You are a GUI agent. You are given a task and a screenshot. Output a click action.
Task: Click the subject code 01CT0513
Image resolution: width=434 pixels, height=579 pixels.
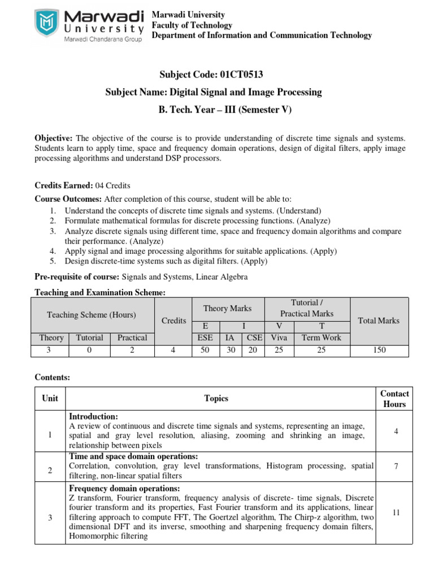(236, 74)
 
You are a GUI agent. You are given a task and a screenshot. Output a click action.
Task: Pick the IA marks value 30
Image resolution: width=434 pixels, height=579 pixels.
(231, 351)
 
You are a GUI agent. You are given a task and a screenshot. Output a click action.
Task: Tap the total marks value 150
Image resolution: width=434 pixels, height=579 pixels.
(379, 351)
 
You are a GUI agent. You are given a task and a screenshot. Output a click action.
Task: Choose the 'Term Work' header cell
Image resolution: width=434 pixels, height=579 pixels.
(322, 338)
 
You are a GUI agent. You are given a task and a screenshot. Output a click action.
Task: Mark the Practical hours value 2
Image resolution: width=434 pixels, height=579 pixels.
(132, 351)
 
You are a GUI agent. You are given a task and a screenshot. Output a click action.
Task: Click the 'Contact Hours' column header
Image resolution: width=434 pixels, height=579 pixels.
(394, 399)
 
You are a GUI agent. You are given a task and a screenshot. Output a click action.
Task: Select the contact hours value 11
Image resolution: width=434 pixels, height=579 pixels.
(395, 512)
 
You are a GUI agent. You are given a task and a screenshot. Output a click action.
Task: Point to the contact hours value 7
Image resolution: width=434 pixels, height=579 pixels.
(395, 466)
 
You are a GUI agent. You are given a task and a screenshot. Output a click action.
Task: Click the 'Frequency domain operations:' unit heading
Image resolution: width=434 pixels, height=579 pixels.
(124, 488)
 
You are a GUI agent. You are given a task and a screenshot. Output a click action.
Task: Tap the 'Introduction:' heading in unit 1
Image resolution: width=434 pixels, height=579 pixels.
(93, 416)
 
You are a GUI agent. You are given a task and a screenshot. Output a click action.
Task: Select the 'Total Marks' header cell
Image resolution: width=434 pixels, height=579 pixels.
(379, 321)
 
